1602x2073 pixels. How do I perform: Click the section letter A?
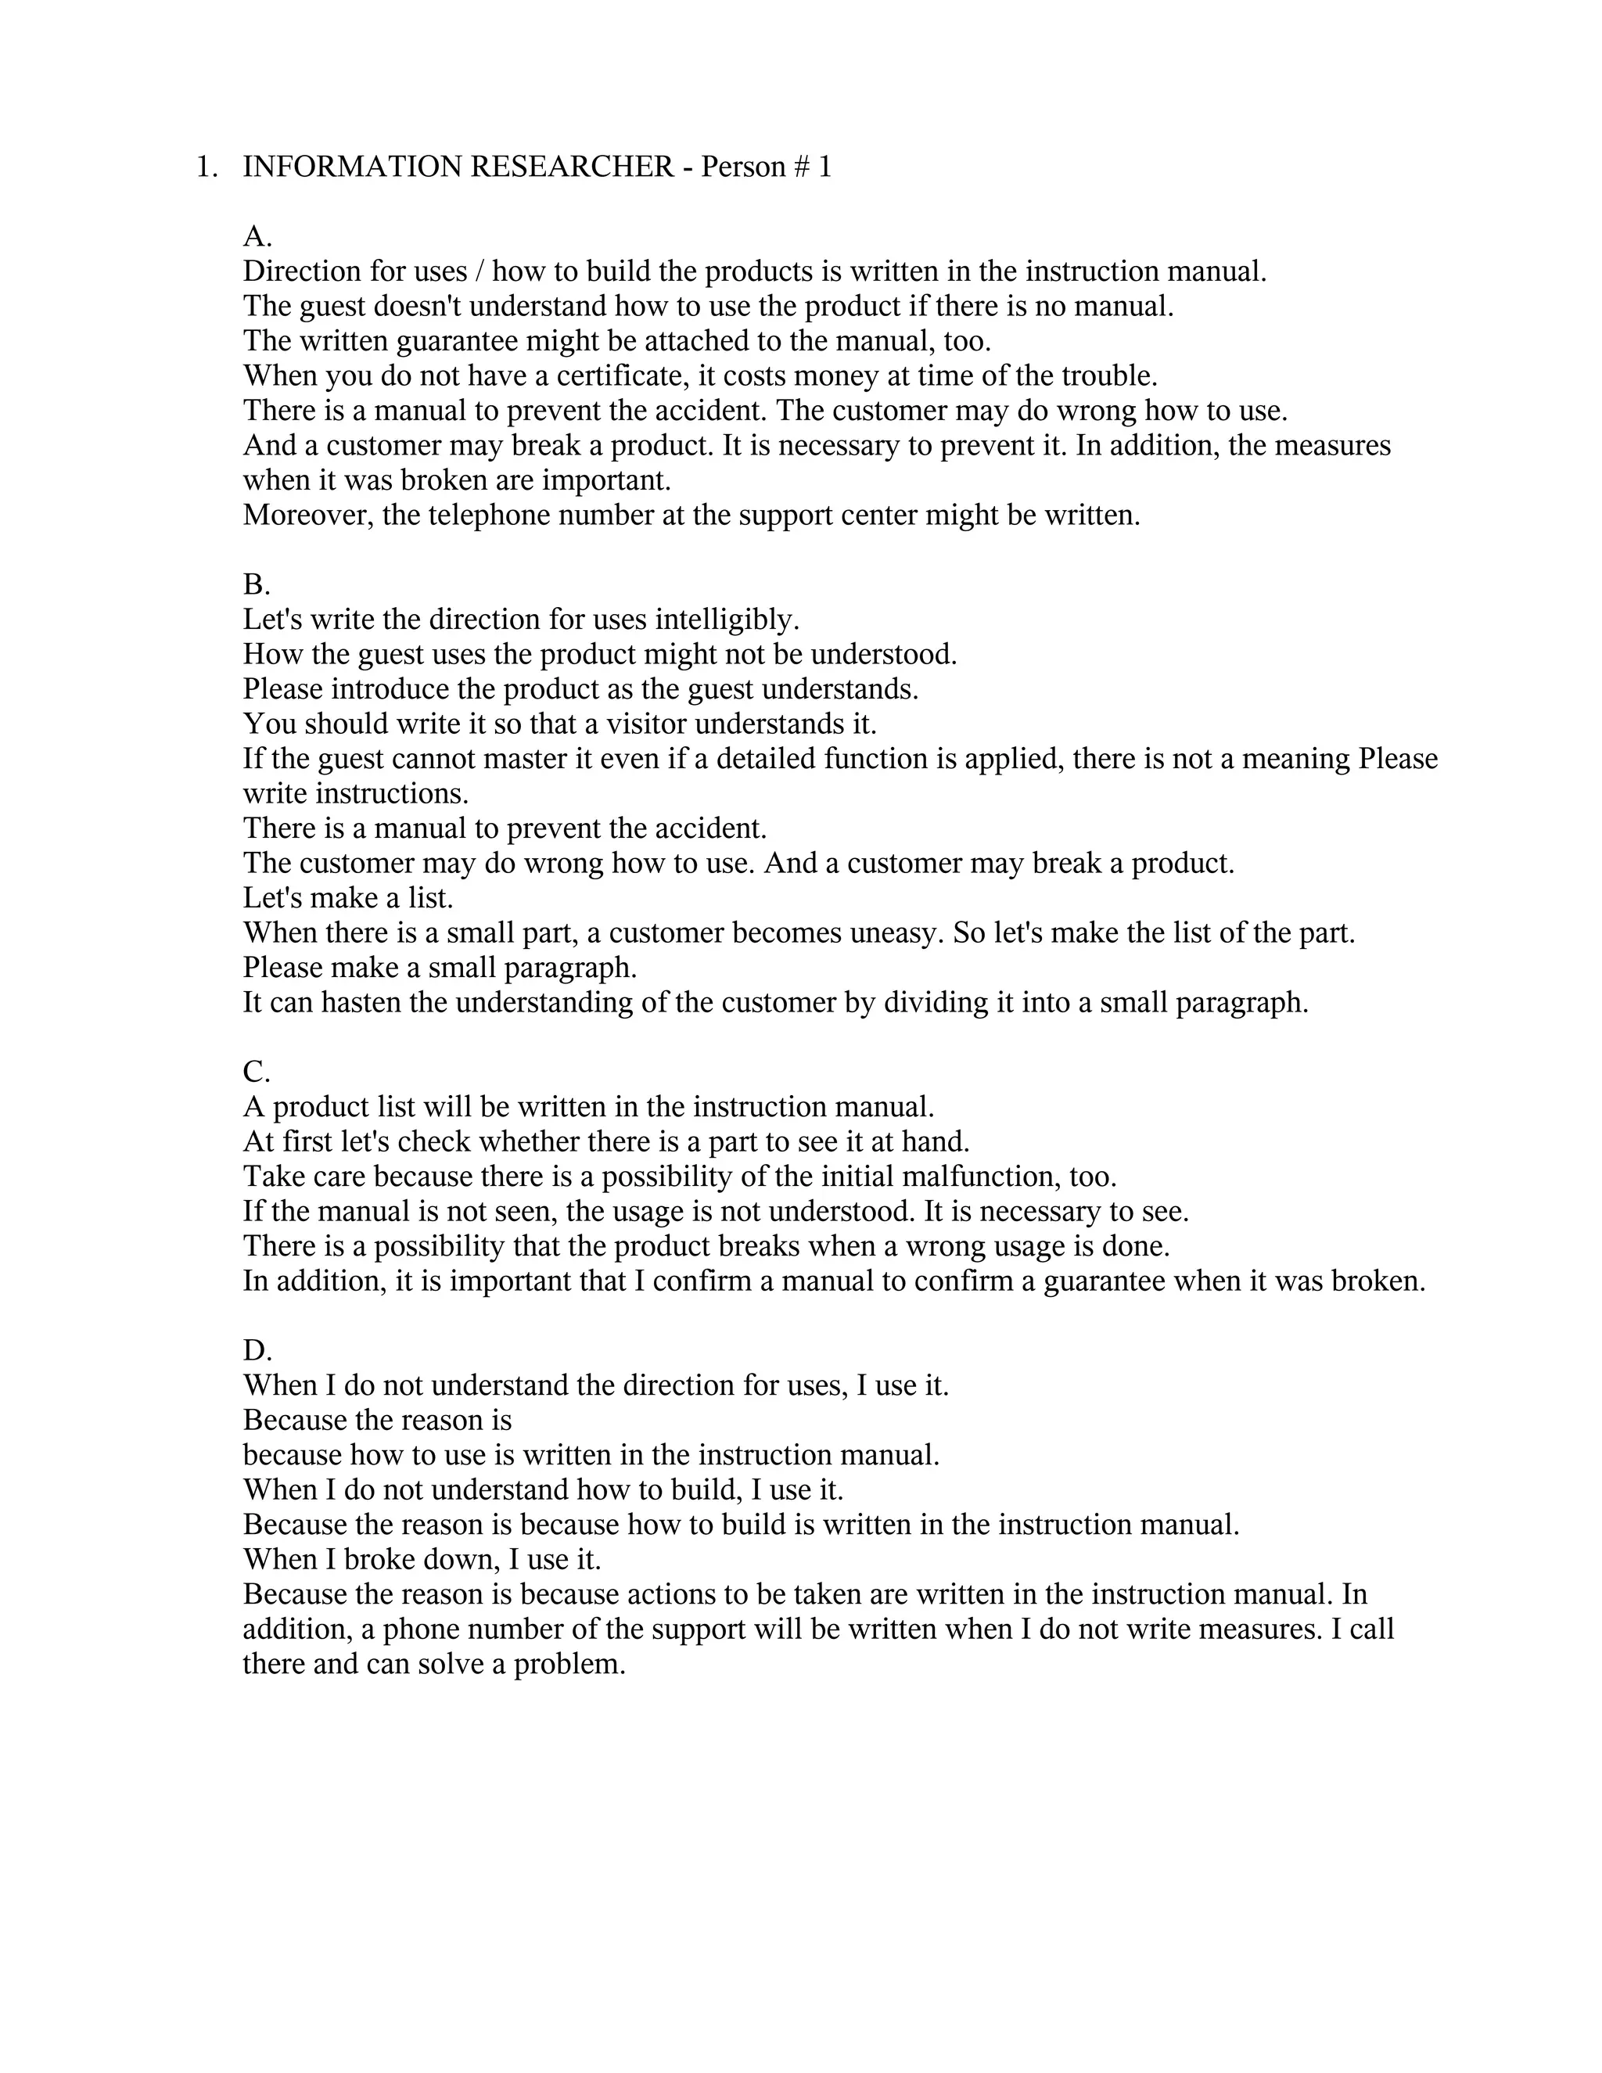(257, 236)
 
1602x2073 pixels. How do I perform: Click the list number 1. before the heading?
(206, 167)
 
